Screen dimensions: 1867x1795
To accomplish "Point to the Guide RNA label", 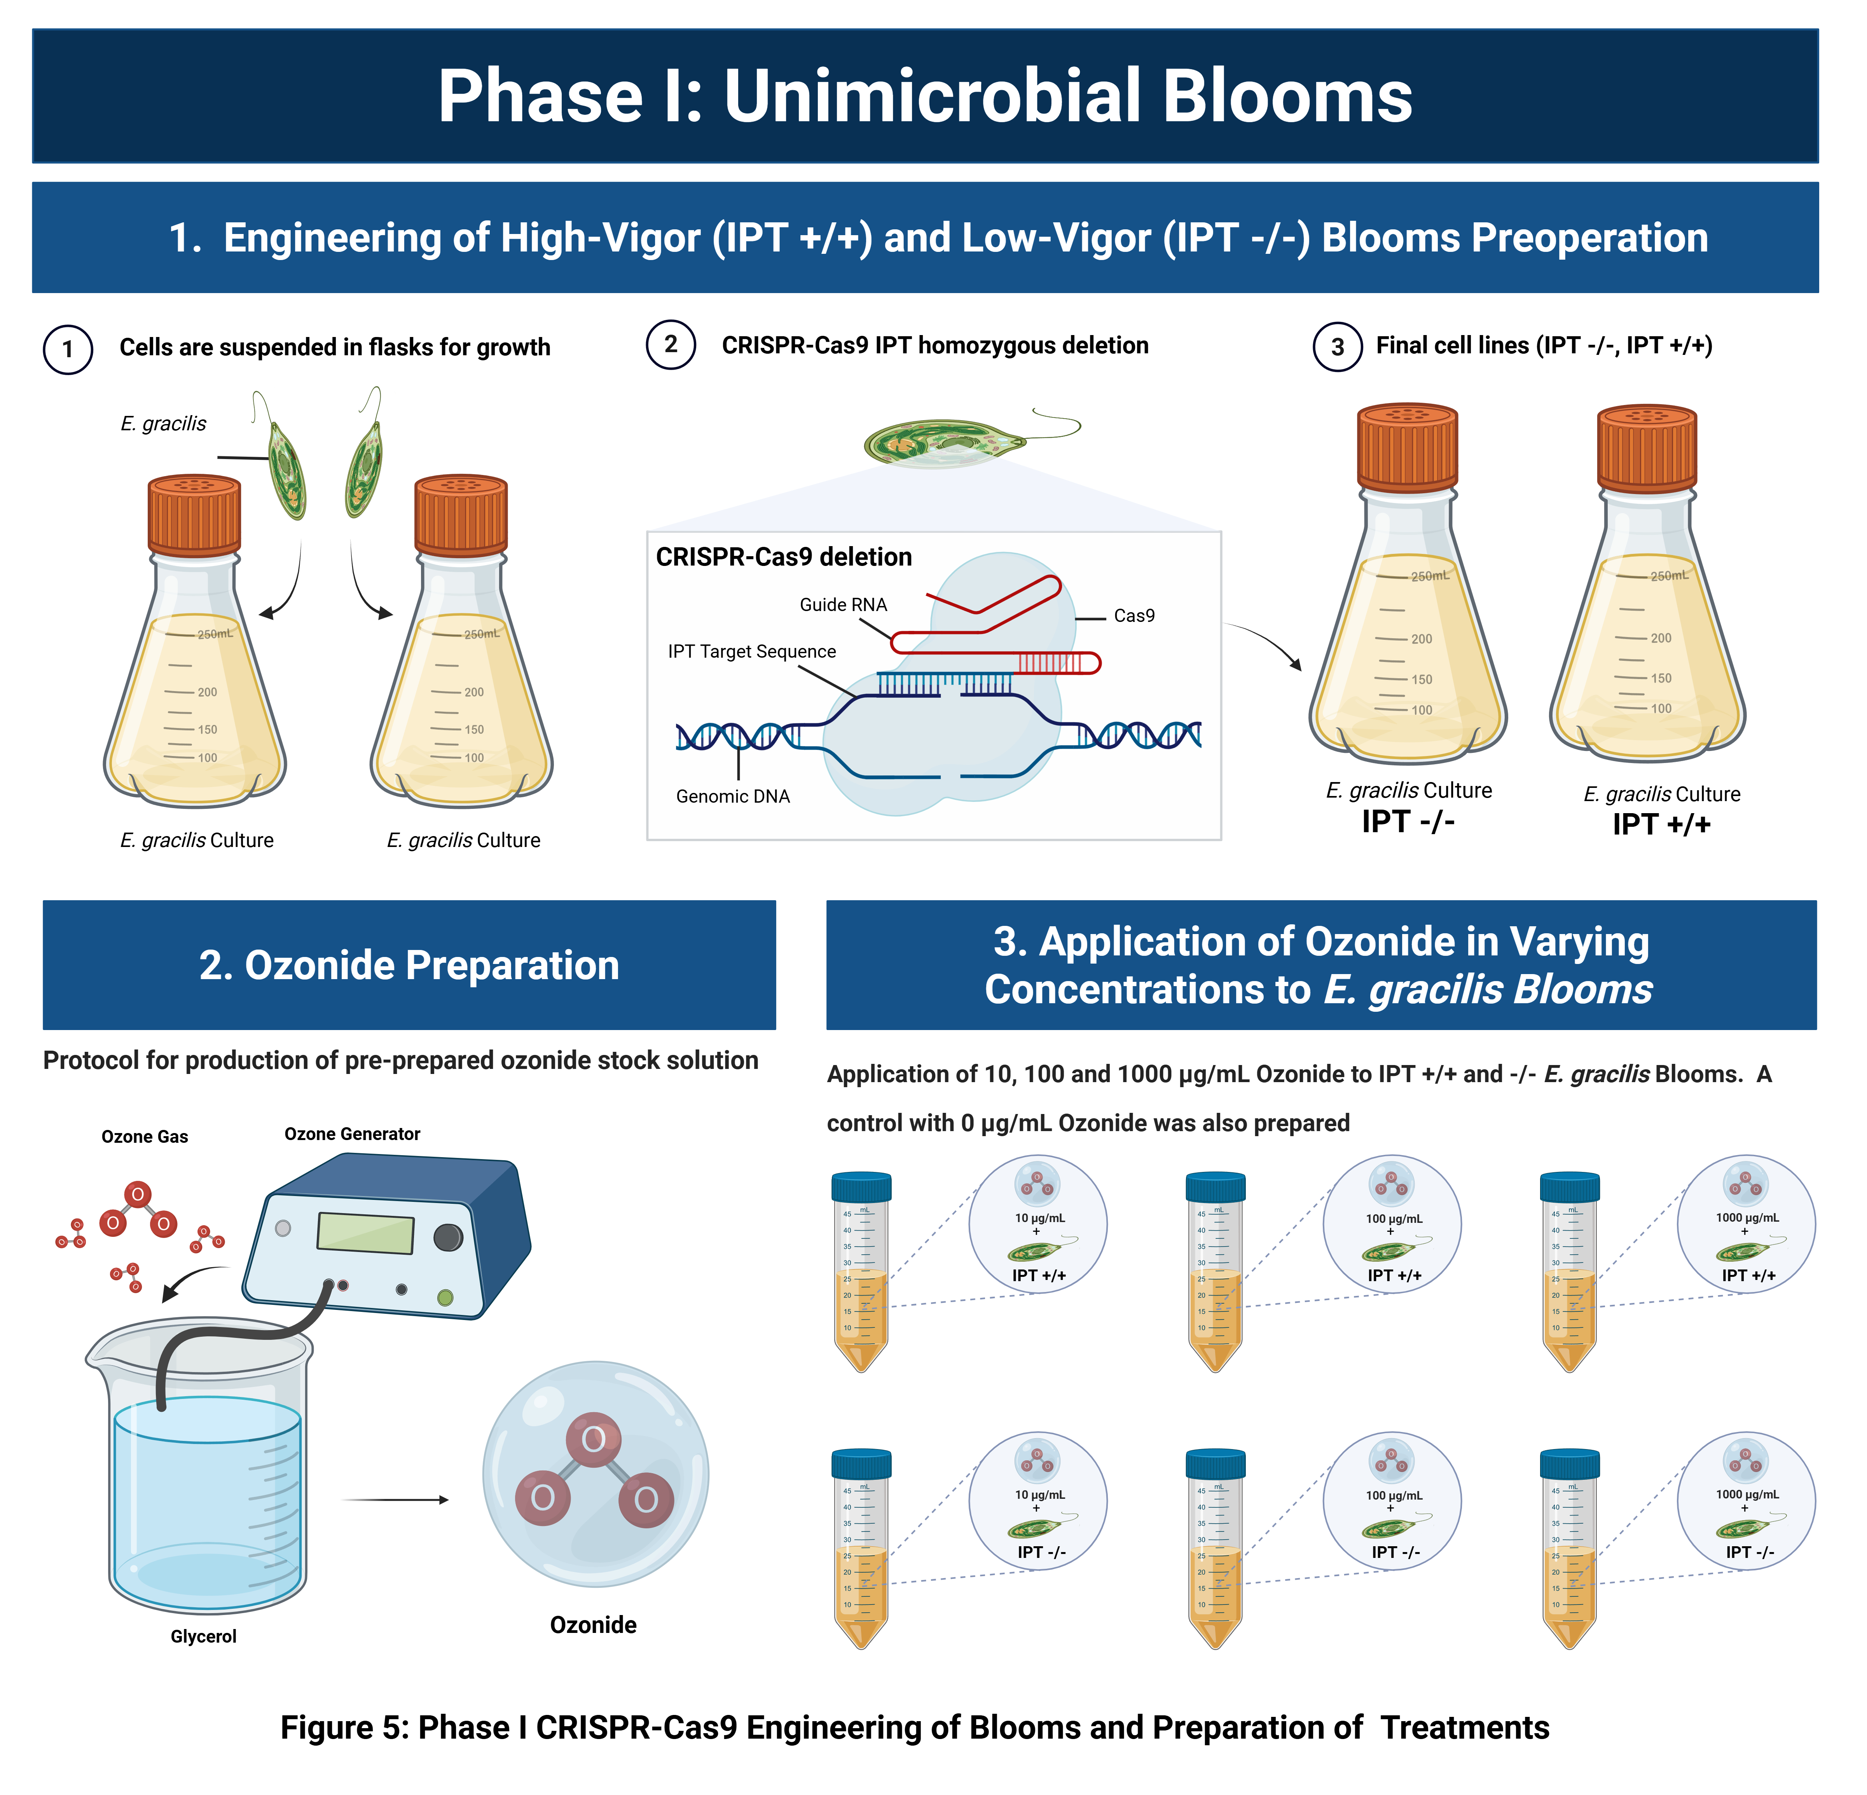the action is [x=843, y=605].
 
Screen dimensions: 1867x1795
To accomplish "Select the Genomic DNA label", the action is [x=732, y=796].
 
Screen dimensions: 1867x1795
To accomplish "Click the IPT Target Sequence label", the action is [x=751, y=651].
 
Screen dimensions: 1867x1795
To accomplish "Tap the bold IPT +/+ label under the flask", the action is [x=1661, y=825].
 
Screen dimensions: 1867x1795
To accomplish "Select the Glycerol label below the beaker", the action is [x=203, y=1636].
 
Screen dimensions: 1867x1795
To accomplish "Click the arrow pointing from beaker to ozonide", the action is [x=395, y=1500].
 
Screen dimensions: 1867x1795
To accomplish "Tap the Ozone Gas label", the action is [x=145, y=1136].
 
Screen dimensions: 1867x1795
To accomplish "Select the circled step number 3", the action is [x=1338, y=347].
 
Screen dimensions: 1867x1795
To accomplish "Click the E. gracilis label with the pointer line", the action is [x=163, y=424].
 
